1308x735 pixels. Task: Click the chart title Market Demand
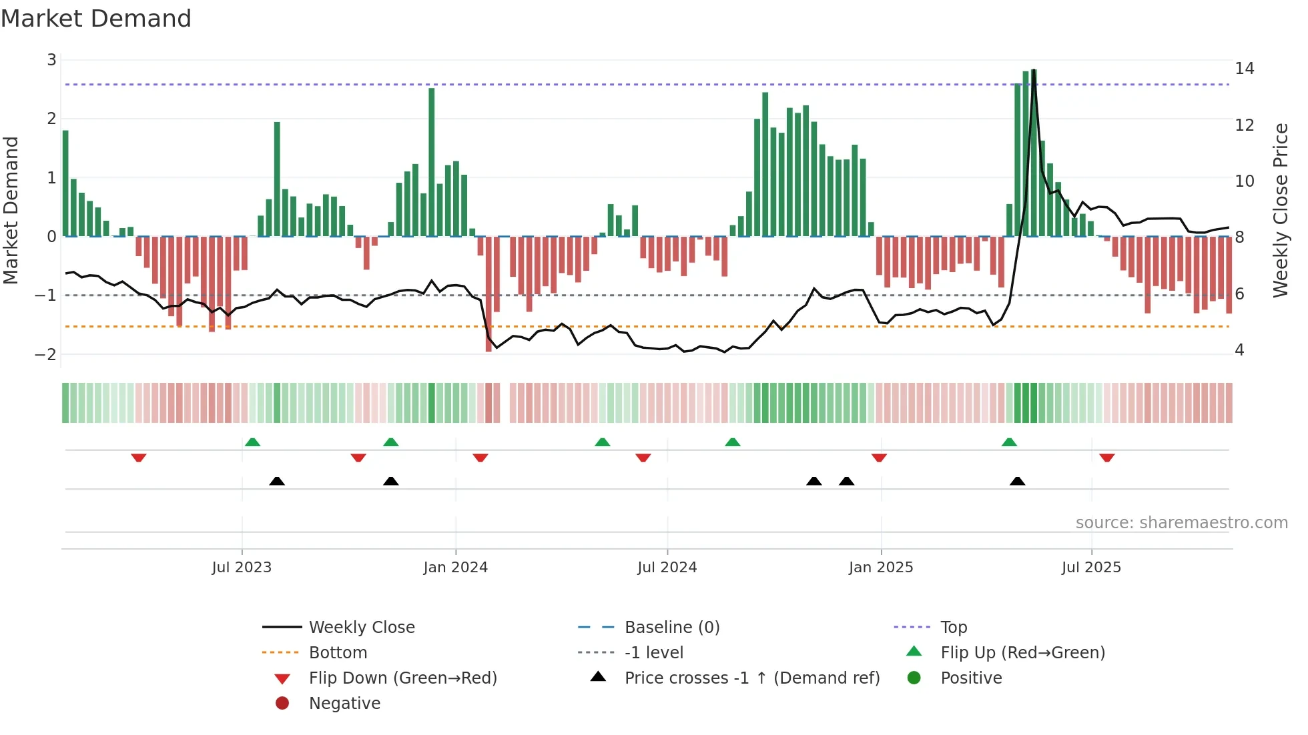(96, 19)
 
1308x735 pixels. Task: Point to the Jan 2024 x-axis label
(455, 568)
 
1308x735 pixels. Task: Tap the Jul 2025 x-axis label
(1091, 568)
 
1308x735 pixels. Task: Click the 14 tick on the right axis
(1244, 69)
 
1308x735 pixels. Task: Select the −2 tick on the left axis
(45, 354)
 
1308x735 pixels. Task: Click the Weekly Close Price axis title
(1280, 210)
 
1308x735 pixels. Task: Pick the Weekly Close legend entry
(361, 628)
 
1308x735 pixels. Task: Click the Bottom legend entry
(338, 653)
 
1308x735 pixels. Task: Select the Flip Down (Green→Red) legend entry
(402, 678)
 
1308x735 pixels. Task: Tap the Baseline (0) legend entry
(671, 628)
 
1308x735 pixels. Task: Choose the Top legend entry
(953, 628)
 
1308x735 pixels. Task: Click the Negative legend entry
(344, 704)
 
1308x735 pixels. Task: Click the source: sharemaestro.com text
(1181, 523)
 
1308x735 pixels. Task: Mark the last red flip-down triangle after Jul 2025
(1107, 458)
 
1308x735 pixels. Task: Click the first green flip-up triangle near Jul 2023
(252, 442)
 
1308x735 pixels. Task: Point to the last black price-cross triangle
(1017, 481)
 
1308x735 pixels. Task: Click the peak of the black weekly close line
(1034, 71)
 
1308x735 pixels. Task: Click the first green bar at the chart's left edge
(65, 183)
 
